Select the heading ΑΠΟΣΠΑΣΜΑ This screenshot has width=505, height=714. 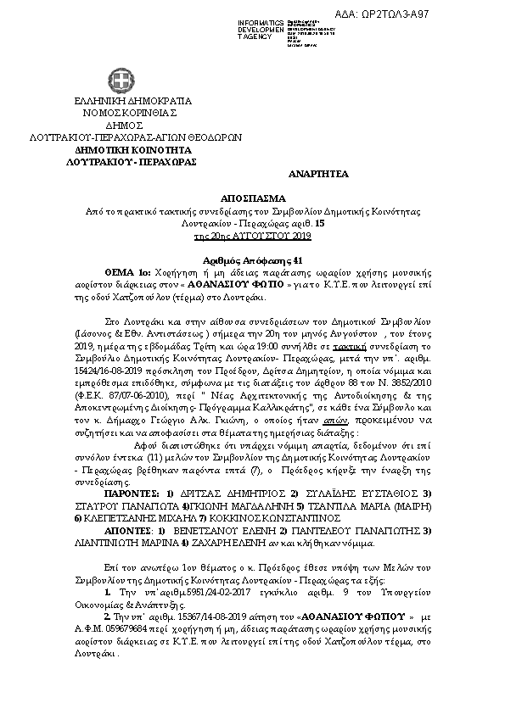point(253,193)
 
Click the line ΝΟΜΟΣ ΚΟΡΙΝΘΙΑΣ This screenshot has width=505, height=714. point(125,111)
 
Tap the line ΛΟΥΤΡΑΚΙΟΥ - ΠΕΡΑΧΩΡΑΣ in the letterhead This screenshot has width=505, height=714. point(125,161)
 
